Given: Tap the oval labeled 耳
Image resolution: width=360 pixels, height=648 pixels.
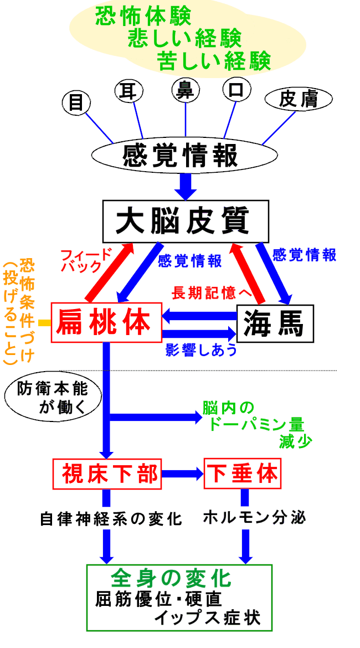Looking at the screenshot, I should tap(129, 90).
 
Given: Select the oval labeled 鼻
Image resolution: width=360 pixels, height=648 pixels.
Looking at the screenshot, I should tap(185, 90).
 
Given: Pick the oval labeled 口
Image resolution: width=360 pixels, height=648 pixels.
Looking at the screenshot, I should tap(236, 90).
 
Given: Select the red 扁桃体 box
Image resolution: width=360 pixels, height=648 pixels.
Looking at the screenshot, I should tap(106, 322).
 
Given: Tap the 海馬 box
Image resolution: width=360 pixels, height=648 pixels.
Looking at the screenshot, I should tap(275, 322).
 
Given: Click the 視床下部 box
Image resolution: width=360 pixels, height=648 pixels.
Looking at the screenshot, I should tap(107, 474).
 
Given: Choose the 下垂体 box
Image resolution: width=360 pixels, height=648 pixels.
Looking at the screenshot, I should tap(241, 474).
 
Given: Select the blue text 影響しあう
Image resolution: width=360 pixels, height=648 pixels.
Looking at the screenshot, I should tap(200, 350).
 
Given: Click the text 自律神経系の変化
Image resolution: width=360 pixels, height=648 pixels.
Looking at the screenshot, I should tap(111, 519).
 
